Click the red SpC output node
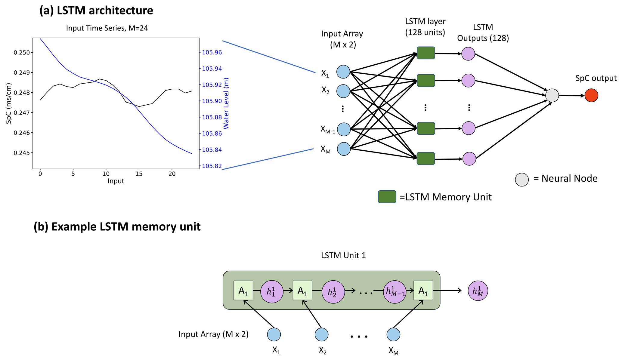pyautogui.click(x=591, y=95)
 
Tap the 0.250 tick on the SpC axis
pyautogui.click(x=22, y=53)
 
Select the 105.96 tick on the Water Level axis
pyautogui.click(x=212, y=53)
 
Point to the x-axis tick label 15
pyautogui.click(x=139, y=174)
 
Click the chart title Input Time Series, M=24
pyautogui.click(x=107, y=28)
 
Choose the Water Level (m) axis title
pyautogui.click(x=226, y=103)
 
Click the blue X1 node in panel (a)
pyautogui.click(x=343, y=72)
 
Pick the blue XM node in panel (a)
pyautogui.click(x=344, y=149)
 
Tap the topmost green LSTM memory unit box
pyautogui.click(x=425, y=53)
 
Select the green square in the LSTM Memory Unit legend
pyautogui.click(x=387, y=197)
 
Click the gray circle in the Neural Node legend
pyautogui.click(x=522, y=180)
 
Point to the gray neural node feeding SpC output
pyautogui.click(x=552, y=95)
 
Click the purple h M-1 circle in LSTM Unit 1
pyautogui.click(x=395, y=292)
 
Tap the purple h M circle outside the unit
pyautogui.click(x=478, y=291)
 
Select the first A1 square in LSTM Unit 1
pyautogui.click(x=243, y=291)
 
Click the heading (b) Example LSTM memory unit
pyautogui.click(x=117, y=226)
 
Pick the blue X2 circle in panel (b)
pyautogui.click(x=321, y=334)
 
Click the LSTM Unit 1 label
pyautogui.click(x=343, y=256)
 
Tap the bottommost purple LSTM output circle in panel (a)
pyautogui.click(x=469, y=159)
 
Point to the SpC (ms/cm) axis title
pyautogui.click(x=9, y=103)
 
